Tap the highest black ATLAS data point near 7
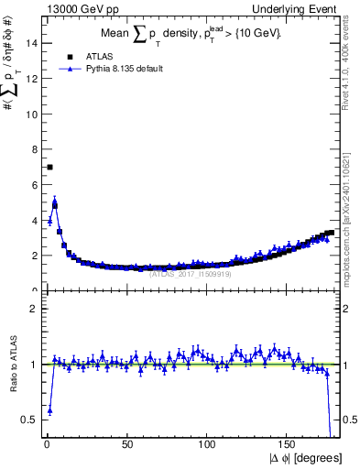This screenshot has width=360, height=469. [x=49, y=167]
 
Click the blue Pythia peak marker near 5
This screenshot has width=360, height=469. [x=54, y=202]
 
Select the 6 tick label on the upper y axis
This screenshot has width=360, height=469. [x=34, y=185]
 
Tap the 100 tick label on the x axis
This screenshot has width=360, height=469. [x=207, y=444]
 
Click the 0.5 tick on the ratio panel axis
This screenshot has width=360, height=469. [x=30, y=420]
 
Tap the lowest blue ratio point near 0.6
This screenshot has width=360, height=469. [x=49, y=410]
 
